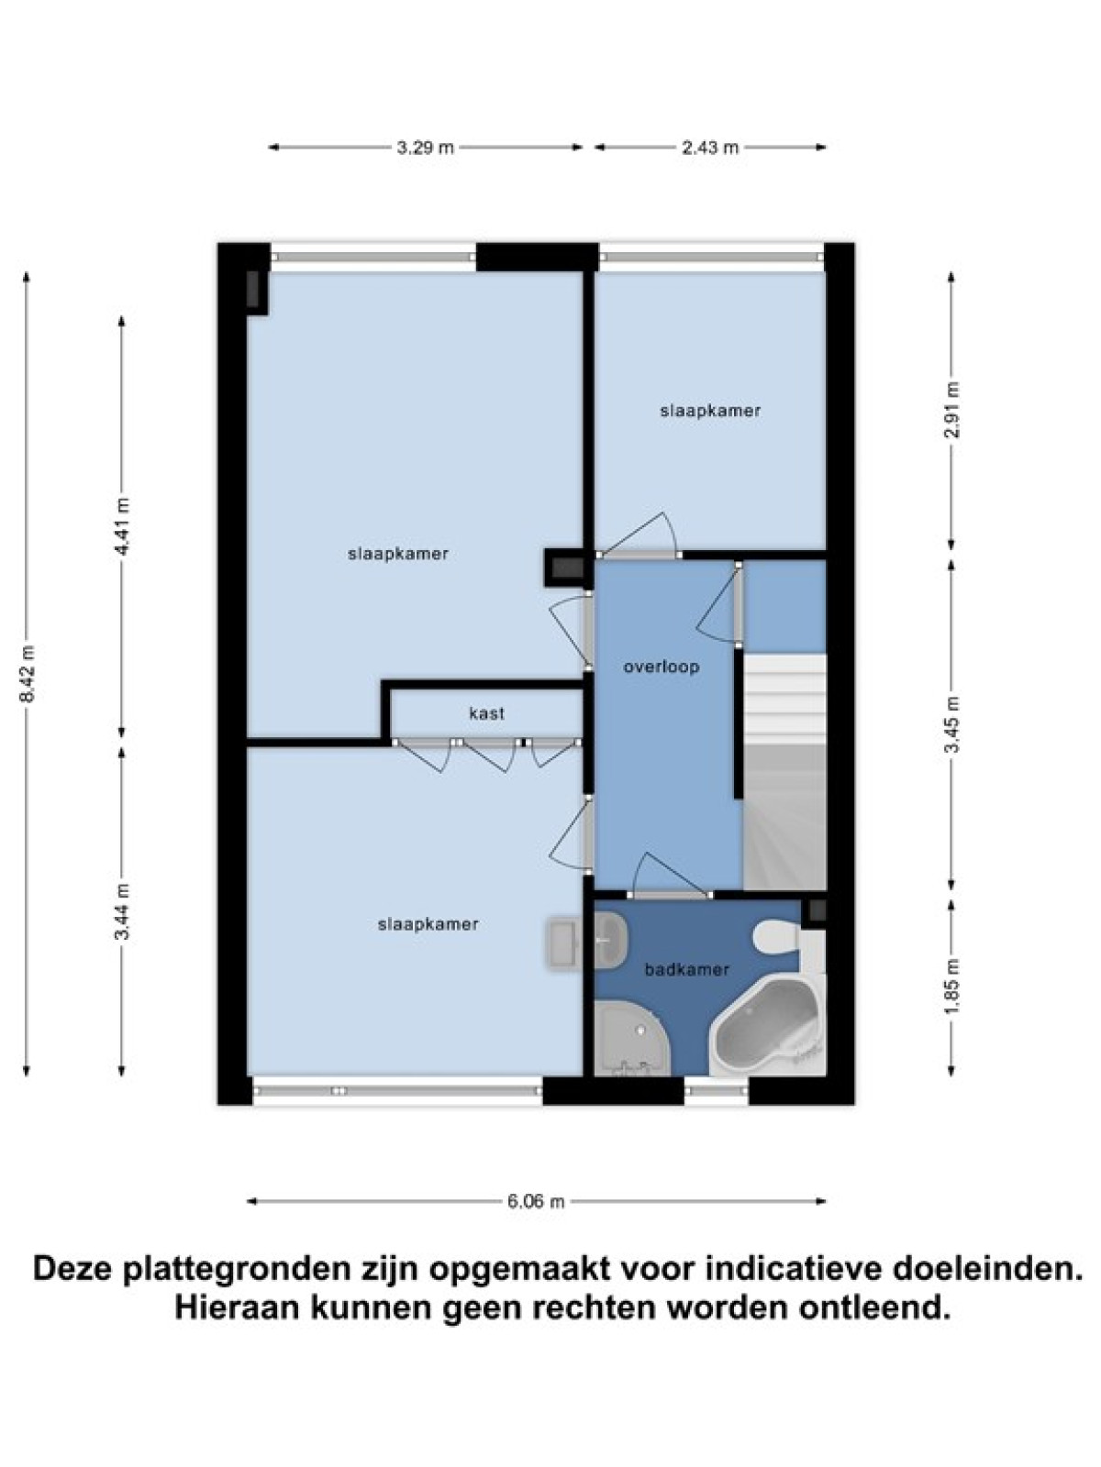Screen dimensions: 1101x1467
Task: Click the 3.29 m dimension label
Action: [425, 148]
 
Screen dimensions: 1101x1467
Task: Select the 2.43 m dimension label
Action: [710, 148]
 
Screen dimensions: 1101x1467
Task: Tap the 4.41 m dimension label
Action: [122, 526]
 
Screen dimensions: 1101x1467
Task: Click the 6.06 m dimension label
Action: [536, 1202]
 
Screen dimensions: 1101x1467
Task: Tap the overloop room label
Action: [662, 667]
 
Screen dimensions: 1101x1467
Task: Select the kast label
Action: [486, 713]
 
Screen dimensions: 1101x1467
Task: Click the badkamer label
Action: [686, 969]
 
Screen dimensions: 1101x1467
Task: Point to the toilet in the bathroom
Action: [777, 936]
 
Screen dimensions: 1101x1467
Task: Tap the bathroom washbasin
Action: [609, 941]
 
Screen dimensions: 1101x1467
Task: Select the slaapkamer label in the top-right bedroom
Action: [710, 411]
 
